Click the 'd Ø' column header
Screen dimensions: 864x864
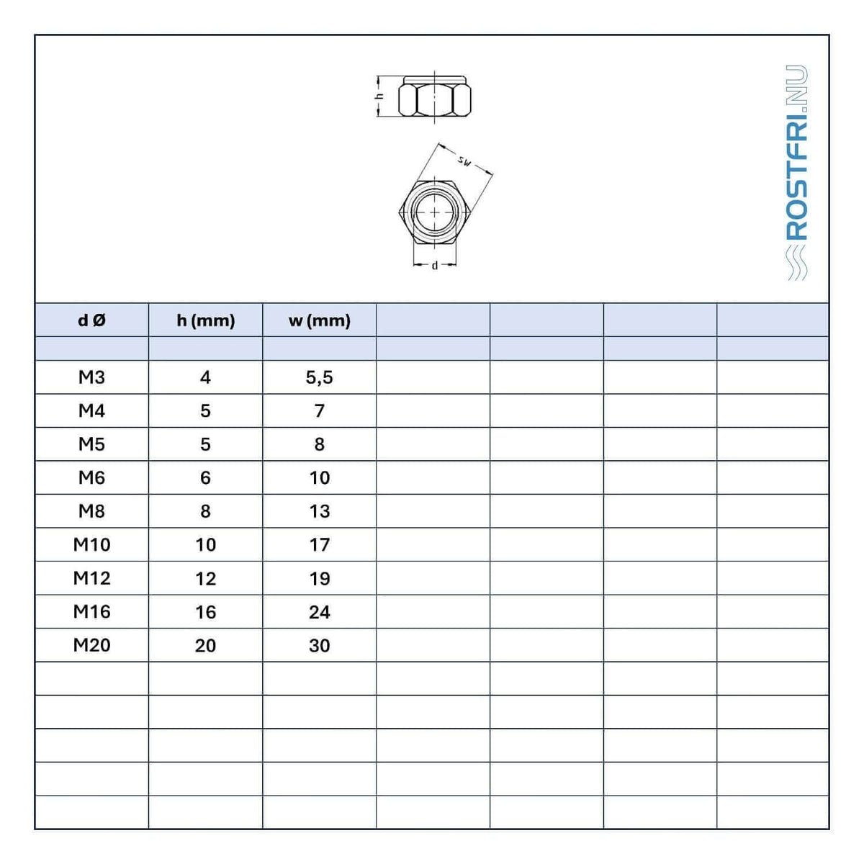(x=92, y=320)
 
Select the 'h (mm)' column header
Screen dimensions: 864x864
(x=206, y=320)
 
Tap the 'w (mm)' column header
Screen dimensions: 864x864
(x=319, y=320)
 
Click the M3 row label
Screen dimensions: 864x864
(x=91, y=377)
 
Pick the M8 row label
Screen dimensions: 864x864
(x=91, y=510)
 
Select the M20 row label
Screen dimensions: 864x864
(x=92, y=644)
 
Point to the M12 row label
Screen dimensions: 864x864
(x=92, y=578)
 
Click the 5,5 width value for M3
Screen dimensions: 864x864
(x=319, y=377)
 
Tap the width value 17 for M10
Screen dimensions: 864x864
(x=319, y=545)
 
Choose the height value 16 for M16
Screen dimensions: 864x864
(x=206, y=612)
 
